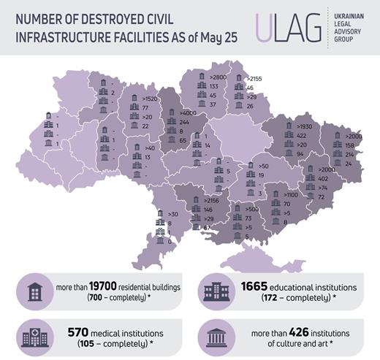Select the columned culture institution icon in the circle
(219, 336)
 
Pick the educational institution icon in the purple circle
(219, 293)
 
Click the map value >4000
(189, 113)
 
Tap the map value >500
(251, 209)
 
